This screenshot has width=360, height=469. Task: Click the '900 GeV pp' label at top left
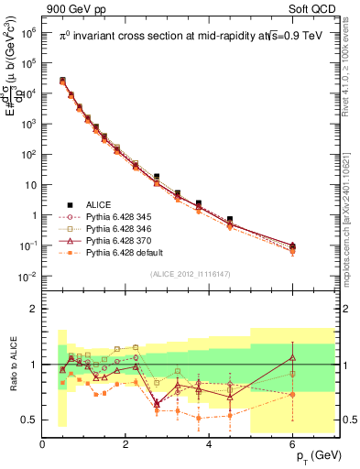pyautogui.click(x=71, y=8)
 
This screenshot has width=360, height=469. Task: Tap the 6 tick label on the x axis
pyautogui.click(x=293, y=445)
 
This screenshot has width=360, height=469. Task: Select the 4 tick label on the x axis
pyautogui.click(x=210, y=445)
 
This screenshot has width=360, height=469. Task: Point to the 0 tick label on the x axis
pyautogui.click(x=42, y=445)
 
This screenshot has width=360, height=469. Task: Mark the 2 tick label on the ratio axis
pyautogui.click(x=33, y=309)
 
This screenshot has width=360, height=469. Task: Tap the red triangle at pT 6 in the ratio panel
pyautogui.click(x=293, y=357)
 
